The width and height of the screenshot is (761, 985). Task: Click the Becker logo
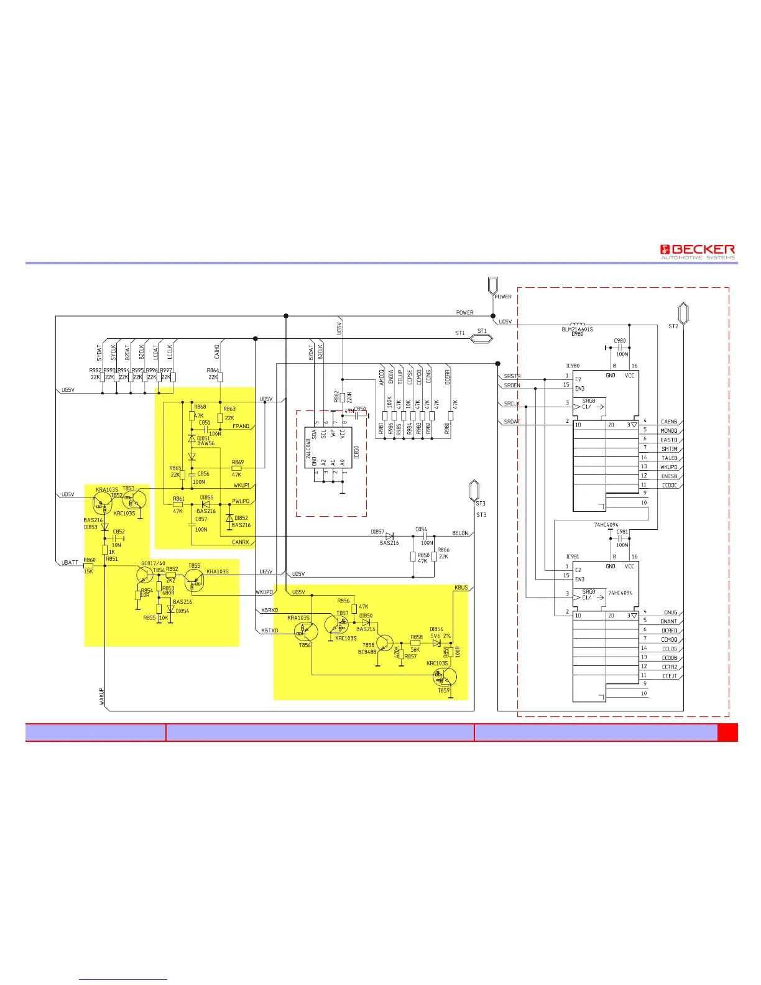click(697, 252)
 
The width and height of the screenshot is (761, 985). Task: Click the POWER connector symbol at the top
click(492, 285)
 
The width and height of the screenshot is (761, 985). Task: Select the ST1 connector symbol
click(481, 339)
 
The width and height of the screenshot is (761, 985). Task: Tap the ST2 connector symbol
click(683, 314)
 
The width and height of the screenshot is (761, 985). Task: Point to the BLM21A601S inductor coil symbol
click(578, 324)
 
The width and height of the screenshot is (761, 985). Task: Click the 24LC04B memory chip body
click(328, 448)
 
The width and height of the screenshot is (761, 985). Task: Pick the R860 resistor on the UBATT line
click(89, 566)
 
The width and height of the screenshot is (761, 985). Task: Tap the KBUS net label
click(461, 588)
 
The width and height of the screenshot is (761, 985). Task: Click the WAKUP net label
click(102, 696)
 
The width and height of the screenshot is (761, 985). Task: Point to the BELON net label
click(460, 533)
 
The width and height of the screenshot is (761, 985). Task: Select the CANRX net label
click(241, 542)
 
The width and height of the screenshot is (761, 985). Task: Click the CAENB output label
click(669, 422)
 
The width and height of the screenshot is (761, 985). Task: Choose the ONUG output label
click(670, 613)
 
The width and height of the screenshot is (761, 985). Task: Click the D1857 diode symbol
click(390, 536)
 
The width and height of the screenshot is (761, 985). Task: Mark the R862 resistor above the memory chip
click(343, 397)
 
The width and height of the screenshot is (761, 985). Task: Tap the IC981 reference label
click(572, 557)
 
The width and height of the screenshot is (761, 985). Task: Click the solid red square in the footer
click(727, 733)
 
